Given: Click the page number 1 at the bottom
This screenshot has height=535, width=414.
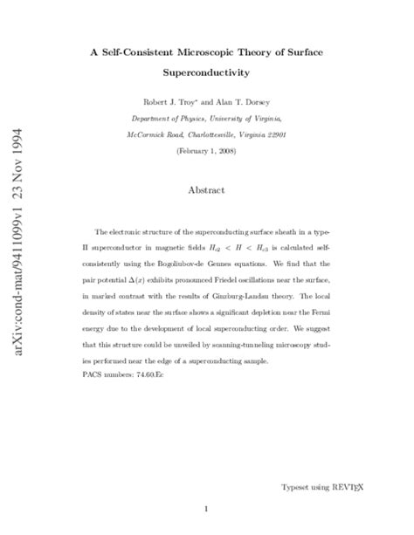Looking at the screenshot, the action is [x=205, y=508].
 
